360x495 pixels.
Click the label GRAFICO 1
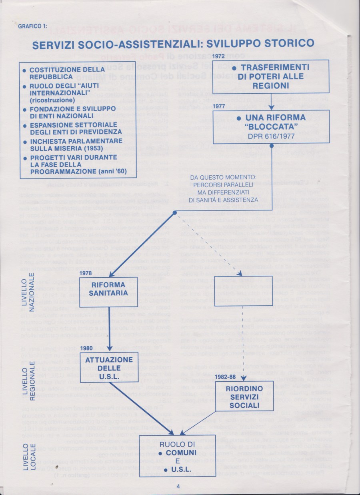point(32,27)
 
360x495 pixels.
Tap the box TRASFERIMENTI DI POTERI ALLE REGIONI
point(270,76)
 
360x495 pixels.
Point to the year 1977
point(220,107)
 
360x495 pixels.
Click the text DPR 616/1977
point(271,136)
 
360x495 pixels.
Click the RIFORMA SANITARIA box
point(108,292)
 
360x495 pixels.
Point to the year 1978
point(86,273)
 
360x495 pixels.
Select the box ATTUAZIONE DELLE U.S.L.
point(109,367)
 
